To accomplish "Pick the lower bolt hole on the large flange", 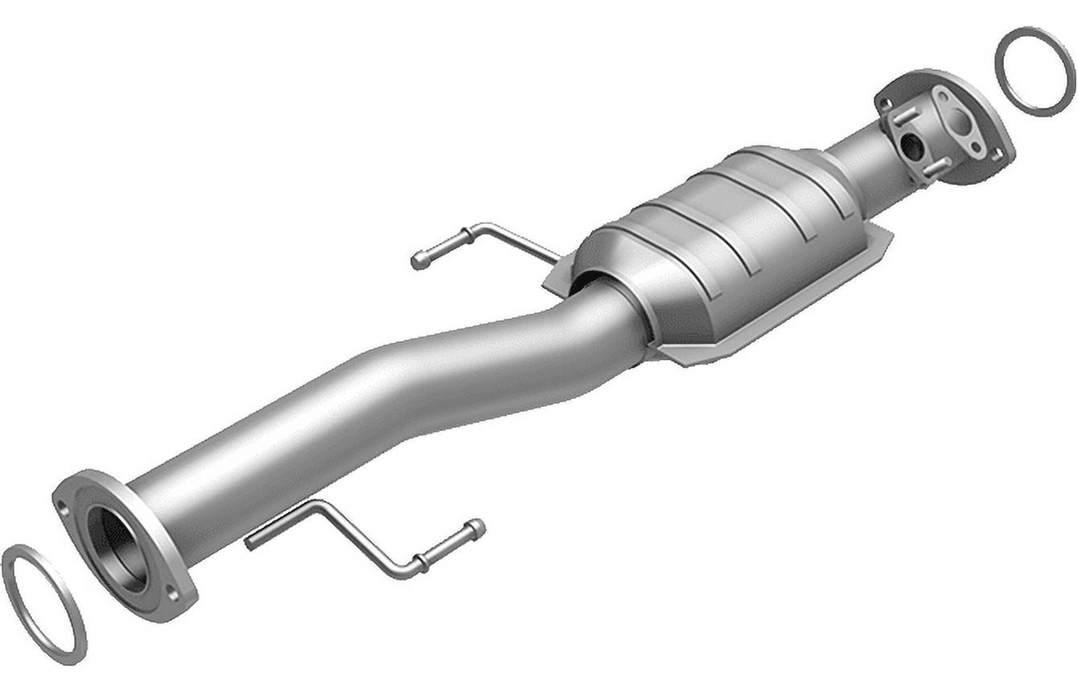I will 171,594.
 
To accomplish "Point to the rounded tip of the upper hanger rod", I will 418,261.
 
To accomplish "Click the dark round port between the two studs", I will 911,146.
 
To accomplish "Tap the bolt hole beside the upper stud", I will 885,104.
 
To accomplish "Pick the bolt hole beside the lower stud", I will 997,155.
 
